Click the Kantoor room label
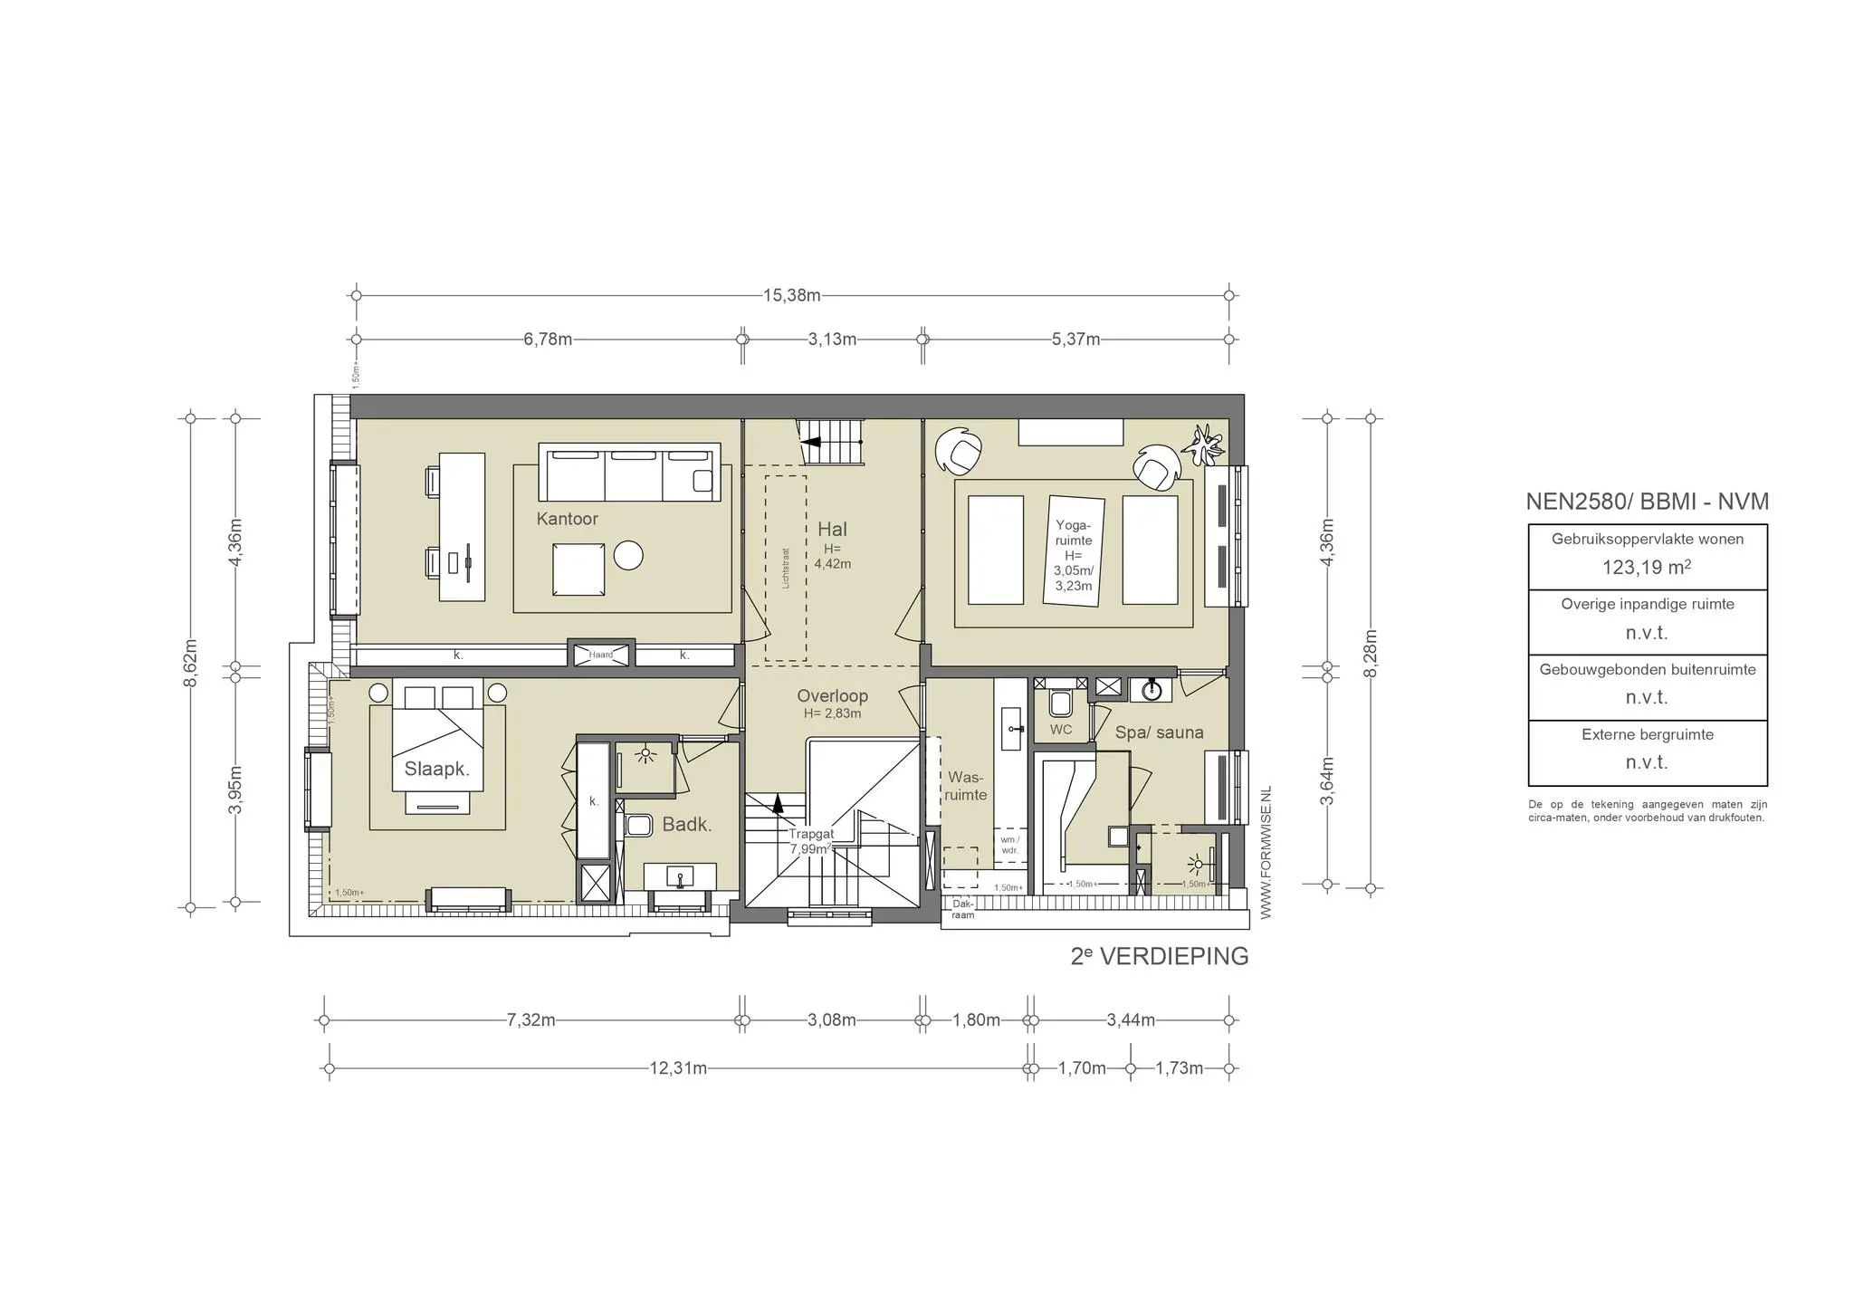click(567, 519)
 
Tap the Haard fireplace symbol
click(601, 655)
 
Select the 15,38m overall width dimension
click(791, 295)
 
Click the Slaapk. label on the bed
click(436, 769)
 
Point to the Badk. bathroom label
click(686, 824)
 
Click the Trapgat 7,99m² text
click(810, 842)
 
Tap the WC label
click(1060, 730)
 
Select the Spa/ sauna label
click(1159, 732)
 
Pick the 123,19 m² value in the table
click(1647, 568)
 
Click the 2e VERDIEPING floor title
click(1159, 956)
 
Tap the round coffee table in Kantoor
click(628, 555)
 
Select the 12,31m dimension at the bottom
click(678, 1068)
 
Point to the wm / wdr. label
click(1009, 845)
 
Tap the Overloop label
click(832, 695)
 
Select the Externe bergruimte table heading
click(1647, 734)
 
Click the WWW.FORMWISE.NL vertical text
click(1266, 852)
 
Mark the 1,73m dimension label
click(1179, 1068)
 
